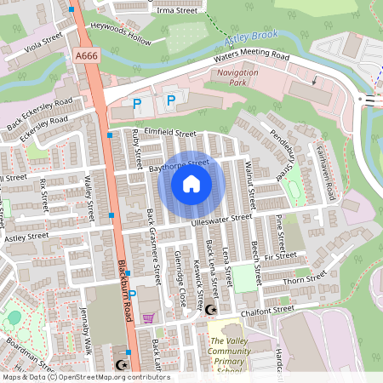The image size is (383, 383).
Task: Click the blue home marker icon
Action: pyautogui.click(x=191, y=184)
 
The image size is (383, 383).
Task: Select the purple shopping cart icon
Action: pyautogui.click(x=149, y=318)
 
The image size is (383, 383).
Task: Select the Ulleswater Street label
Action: pyautogui.click(x=222, y=220)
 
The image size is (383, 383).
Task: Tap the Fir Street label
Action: pyautogui.click(x=280, y=254)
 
